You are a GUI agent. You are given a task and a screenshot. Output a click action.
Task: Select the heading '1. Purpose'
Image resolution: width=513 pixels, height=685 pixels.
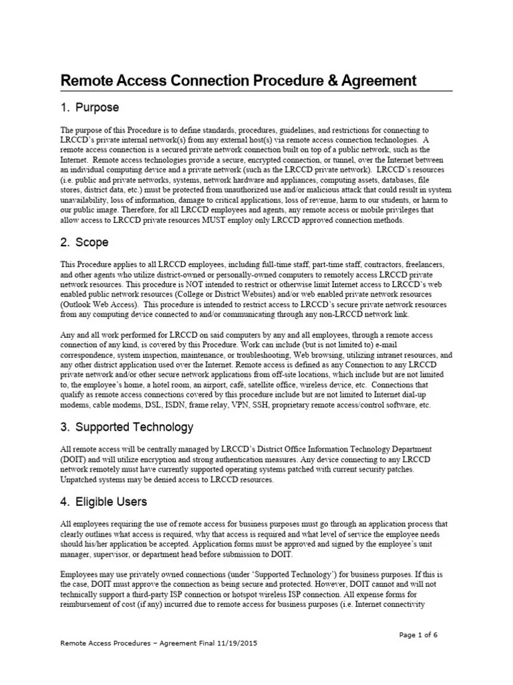(x=90, y=108)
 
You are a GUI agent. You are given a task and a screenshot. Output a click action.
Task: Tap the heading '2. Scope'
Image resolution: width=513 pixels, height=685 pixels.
(x=84, y=242)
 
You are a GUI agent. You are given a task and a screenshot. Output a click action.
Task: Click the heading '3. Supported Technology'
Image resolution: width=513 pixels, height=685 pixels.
(x=127, y=427)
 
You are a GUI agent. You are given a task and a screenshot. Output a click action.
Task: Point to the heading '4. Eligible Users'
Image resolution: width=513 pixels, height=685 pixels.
(x=104, y=501)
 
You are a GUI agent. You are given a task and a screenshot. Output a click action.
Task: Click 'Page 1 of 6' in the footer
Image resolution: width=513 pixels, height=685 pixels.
(x=419, y=635)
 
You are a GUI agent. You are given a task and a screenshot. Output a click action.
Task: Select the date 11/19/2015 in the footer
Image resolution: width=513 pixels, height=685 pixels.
(x=234, y=643)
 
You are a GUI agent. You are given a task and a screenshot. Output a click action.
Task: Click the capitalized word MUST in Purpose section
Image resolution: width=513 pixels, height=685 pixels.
(x=195, y=220)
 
